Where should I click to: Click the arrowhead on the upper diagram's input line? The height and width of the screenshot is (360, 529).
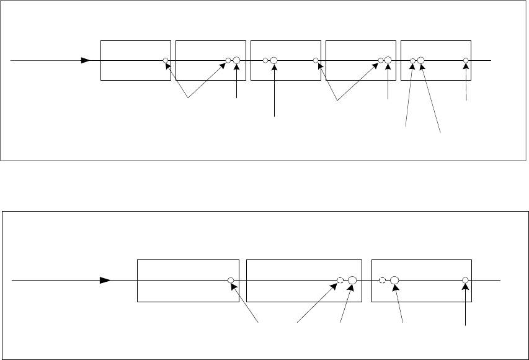[87, 61]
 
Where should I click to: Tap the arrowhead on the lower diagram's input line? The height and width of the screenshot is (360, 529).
[106, 280]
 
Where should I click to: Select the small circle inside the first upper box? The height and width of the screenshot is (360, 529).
[166, 61]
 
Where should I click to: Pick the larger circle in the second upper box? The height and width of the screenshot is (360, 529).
[236, 61]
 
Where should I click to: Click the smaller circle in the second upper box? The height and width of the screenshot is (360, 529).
[228, 61]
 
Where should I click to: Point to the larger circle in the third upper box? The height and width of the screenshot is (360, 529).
[273, 61]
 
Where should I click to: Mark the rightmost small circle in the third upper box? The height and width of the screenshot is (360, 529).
[316, 61]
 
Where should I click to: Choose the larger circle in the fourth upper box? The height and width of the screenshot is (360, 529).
[388, 61]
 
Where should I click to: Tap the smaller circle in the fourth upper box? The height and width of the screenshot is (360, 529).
[380, 61]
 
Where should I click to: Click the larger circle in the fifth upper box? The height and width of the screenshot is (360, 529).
[420, 61]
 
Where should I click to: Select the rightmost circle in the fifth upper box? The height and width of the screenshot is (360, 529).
[466, 61]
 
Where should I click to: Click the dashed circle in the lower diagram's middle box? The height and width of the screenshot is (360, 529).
[340, 280]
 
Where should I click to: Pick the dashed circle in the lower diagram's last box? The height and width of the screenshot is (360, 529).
[383, 280]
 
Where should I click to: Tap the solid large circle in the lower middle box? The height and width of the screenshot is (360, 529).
[352, 280]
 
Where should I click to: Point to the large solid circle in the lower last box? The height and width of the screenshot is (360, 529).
[394, 280]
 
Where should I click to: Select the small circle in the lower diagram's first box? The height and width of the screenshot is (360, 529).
[230, 280]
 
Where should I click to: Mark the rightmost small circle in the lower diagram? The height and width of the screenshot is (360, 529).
[465, 280]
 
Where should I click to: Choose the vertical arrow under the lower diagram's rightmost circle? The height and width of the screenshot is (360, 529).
[465, 304]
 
